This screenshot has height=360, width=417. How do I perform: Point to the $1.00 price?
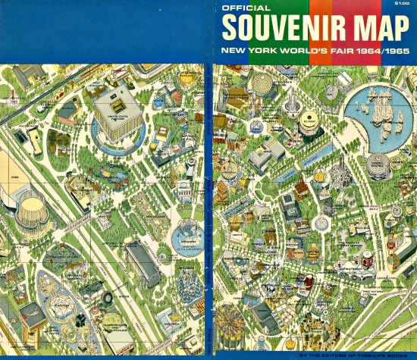pos(401,5)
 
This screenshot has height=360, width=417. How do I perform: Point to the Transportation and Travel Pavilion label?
pos(103,319)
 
